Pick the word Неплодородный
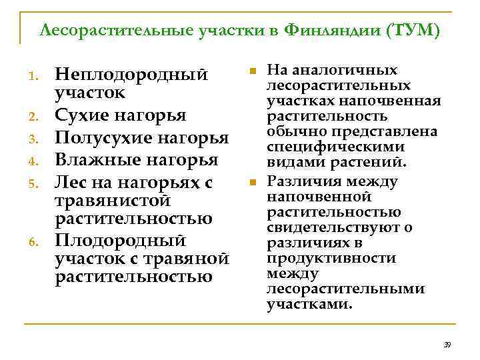(x=129, y=74)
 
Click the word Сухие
(x=81, y=117)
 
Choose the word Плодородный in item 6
(x=122, y=239)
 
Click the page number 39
(x=447, y=345)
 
